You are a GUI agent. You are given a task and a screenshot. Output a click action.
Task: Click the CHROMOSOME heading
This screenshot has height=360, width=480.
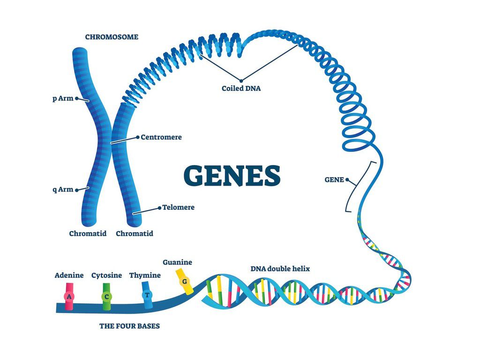click(x=112, y=37)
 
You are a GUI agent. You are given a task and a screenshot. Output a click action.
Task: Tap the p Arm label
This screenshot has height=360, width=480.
click(x=63, y=98)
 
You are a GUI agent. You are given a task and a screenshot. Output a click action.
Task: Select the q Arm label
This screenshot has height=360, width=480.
click(x=63, y=189)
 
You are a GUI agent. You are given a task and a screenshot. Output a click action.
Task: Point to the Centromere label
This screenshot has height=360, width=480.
click(x=161, y=137)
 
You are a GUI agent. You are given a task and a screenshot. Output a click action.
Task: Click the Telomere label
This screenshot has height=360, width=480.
click(x=178, y=207)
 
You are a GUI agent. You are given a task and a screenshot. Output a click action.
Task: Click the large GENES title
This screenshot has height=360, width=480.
click(x=232, y=175)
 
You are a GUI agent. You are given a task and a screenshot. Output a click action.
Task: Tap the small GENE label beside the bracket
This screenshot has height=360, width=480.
click(x=334, y=179)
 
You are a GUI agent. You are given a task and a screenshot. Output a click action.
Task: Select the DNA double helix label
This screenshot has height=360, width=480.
click(x=280, y=269)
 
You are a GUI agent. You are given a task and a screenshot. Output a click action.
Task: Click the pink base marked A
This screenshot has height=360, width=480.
click(x=69, y=297)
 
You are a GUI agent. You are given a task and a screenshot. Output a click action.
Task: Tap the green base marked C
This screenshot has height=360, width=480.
click(x=106, y=297)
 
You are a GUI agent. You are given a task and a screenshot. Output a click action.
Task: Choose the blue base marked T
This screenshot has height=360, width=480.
click(x=147, y=295)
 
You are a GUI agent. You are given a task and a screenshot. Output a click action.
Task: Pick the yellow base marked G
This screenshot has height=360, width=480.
click(x=185, y=281)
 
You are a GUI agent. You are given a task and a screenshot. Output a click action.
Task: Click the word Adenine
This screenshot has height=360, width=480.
click(x=69, y=275)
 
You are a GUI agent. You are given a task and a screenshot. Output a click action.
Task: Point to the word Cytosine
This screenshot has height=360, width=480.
click(x=106, y=275)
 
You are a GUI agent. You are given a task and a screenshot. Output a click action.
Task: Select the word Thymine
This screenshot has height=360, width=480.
click(x=145, y=275)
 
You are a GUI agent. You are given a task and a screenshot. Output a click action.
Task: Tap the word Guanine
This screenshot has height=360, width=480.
click(x=177, y=262)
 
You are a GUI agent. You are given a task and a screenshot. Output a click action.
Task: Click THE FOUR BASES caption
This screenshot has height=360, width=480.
click(x=129, y=326)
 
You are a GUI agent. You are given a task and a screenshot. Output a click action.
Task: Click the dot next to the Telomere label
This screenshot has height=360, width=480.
click(x=159, y=207)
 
